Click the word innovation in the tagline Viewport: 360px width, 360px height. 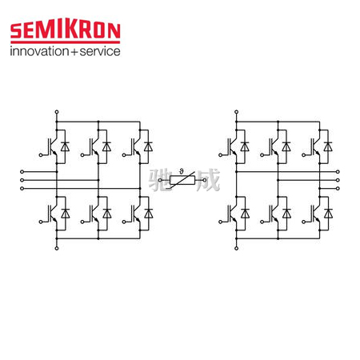[39, 51]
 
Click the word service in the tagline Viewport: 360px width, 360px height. [100, 51]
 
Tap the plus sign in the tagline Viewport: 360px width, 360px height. [74, 51]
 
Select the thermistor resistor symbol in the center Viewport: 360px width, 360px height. [182, 180]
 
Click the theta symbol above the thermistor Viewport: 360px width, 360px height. [182, 171]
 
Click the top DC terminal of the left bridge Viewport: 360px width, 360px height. [57, 112]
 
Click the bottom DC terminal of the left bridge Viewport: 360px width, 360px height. [57, 248]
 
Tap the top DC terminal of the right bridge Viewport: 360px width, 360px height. [236, 112]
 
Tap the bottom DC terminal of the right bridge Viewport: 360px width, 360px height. [236, 248]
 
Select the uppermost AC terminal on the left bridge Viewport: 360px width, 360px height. [22, 172]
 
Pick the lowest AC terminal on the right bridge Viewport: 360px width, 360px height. [338, 189]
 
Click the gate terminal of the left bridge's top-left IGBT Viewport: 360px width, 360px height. [41, 155]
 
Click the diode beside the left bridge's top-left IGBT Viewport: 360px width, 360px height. [65, 146]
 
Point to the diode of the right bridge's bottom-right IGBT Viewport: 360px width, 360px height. [328, 214]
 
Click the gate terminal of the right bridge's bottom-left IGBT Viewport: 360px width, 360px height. [220, 222]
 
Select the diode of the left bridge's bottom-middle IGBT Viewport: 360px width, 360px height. [107, 214]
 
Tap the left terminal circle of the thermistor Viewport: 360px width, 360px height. [160, 180]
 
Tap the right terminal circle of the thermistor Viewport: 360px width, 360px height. [205, 180]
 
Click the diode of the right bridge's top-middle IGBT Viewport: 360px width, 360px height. [286, 146]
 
